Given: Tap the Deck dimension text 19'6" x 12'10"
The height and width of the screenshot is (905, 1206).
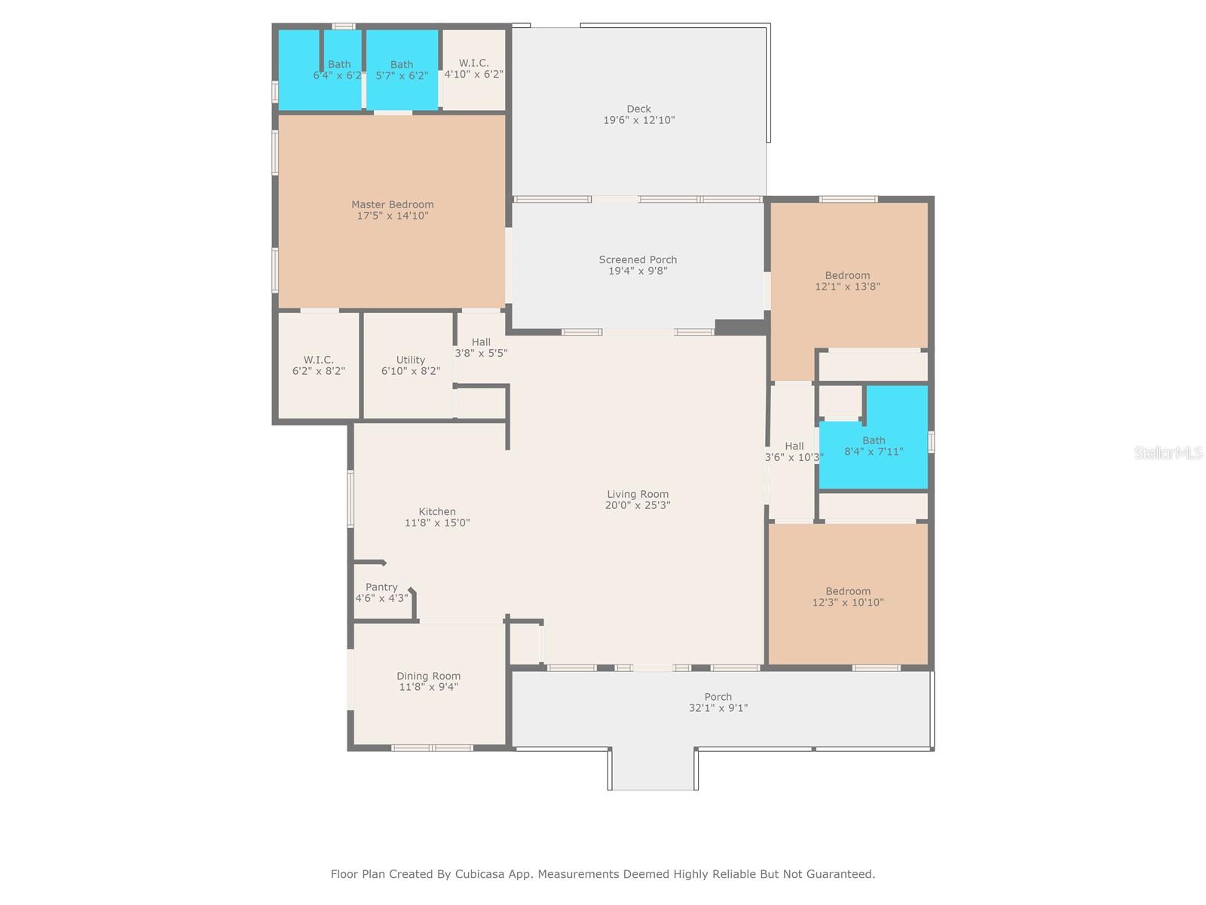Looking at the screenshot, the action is pyautogui.click(x=638, y=120).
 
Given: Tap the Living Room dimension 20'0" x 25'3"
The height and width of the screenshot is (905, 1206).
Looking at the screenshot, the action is pyautogui.click(x=638, y=505).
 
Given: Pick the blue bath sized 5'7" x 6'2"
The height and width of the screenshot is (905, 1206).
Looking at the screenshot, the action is pyautogui.click(x=403, y=70).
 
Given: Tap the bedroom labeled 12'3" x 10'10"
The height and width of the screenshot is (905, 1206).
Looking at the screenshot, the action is pyautogui.click(x=848, y=594).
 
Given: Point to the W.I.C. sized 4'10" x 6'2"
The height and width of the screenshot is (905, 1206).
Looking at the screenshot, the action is pyautogui.click(x=473, y=69).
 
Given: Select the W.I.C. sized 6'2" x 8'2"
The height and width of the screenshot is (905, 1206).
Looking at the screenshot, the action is pyautogui.click(x=319, y=366).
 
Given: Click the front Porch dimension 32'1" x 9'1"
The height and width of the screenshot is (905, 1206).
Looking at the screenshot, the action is pyautogui.click(x=718, y=707).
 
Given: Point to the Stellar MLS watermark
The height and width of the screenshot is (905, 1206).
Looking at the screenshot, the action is pyautogui.click(x=1168, y=452).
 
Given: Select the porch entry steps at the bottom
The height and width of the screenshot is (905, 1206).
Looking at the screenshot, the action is pyautogui.click(x=653, y=770).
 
